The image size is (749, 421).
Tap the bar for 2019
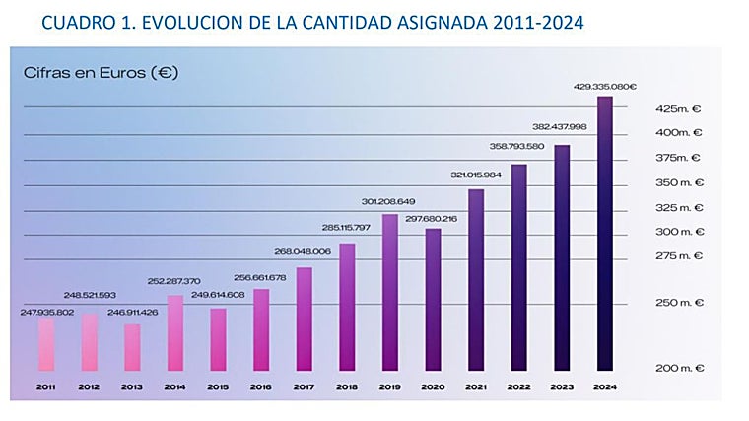coord(389,292)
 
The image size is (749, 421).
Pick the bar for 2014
coord(174,332)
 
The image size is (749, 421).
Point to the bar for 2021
coord(476,279)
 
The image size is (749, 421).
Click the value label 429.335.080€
coord(605,87)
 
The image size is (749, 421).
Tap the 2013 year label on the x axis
coord(131,387)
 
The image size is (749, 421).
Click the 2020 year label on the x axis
coord(433,387)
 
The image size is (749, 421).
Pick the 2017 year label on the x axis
coord(304,387)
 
